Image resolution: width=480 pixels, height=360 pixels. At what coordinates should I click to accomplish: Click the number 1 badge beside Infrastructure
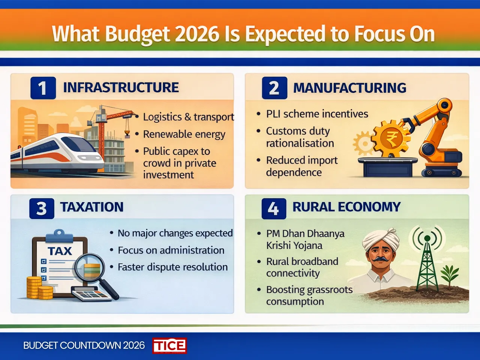[x=43, y=88]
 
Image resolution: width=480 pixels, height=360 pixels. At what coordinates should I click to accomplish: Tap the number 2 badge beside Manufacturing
[x=274, y=88]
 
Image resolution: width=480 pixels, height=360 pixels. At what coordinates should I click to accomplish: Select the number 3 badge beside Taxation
[x=42, y=208]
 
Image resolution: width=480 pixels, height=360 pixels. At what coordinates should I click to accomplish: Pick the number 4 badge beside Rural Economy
[x=273, y=208]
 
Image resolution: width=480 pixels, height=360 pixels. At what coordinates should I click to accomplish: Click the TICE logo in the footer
[x=169, y=345]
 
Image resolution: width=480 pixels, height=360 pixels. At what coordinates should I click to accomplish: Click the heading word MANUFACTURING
[x=349, y=88]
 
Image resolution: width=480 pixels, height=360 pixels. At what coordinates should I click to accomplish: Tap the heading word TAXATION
[x=92, y=207]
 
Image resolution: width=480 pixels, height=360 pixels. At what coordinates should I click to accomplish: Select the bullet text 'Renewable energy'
[x=184, y=134]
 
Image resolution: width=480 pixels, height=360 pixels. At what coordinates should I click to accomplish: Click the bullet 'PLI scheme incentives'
[x=317, y=114]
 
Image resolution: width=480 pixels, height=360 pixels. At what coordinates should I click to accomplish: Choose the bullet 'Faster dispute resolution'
[x=172, y=267]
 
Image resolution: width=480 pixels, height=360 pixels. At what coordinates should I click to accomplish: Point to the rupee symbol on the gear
[x=392, y=139]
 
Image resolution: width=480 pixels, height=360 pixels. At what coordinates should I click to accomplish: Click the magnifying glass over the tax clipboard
[x=90, y=268]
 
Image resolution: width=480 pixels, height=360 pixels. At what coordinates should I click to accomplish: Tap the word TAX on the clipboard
[x=60, y=251]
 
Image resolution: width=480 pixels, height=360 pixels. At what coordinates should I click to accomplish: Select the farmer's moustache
[x=379, y=259]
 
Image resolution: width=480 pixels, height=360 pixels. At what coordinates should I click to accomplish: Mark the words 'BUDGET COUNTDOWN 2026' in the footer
[x=84, y=345]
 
